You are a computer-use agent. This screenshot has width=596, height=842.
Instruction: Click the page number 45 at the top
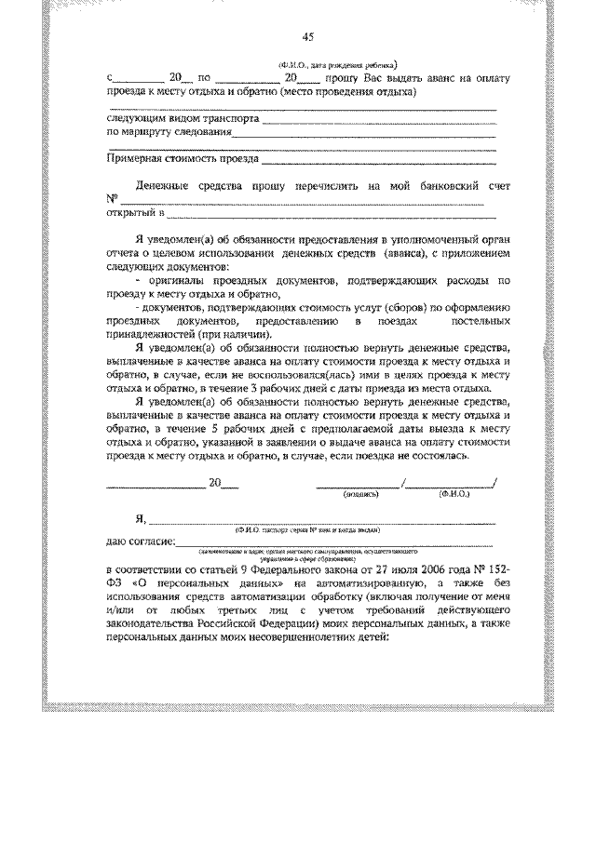308,37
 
